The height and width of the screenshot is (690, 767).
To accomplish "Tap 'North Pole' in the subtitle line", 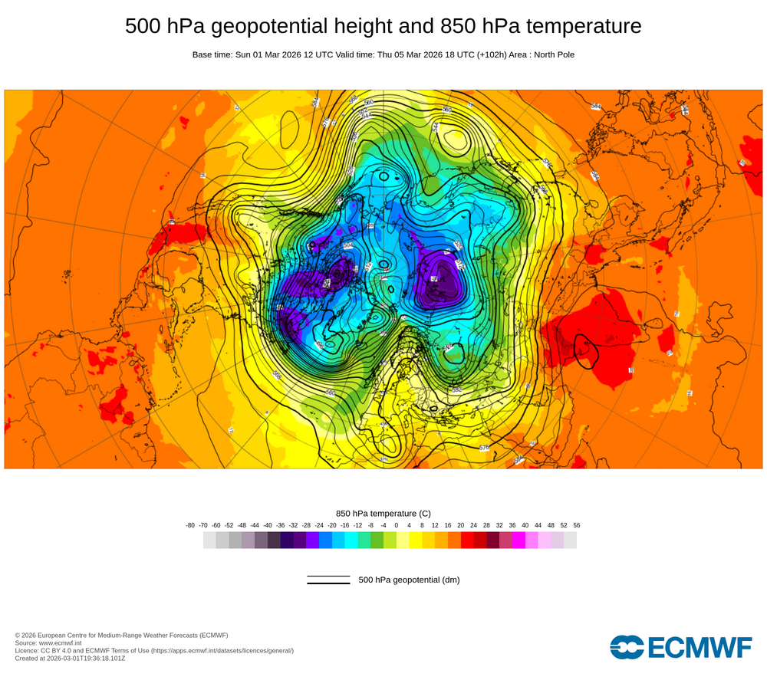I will pos(551,54).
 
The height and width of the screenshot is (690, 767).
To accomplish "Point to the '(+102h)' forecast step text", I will pos(477,54).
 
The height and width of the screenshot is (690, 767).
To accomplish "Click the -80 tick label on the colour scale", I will pos(190,525).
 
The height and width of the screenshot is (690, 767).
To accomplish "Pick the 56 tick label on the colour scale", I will pos(576,525).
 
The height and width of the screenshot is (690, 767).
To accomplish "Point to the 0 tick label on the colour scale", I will pos(397,525).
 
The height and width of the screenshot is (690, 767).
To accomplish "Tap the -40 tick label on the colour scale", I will pos(268,525).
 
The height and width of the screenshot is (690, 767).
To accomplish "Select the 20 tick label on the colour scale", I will pos(460,525).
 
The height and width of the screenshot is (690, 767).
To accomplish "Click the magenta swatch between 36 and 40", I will pos(518,540).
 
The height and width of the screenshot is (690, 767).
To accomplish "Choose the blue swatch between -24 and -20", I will pos(325,540).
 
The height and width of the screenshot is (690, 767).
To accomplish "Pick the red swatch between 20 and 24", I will pos(467,540).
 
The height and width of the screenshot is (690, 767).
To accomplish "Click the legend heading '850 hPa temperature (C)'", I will pos(383,513).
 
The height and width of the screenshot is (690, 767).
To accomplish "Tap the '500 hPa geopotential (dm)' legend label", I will pos(409,580).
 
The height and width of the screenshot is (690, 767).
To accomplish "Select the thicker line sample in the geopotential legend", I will pos(328,583).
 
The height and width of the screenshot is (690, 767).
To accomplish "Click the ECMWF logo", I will pos(681,647).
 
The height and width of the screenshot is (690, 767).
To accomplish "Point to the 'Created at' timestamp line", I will pos(70,658).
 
